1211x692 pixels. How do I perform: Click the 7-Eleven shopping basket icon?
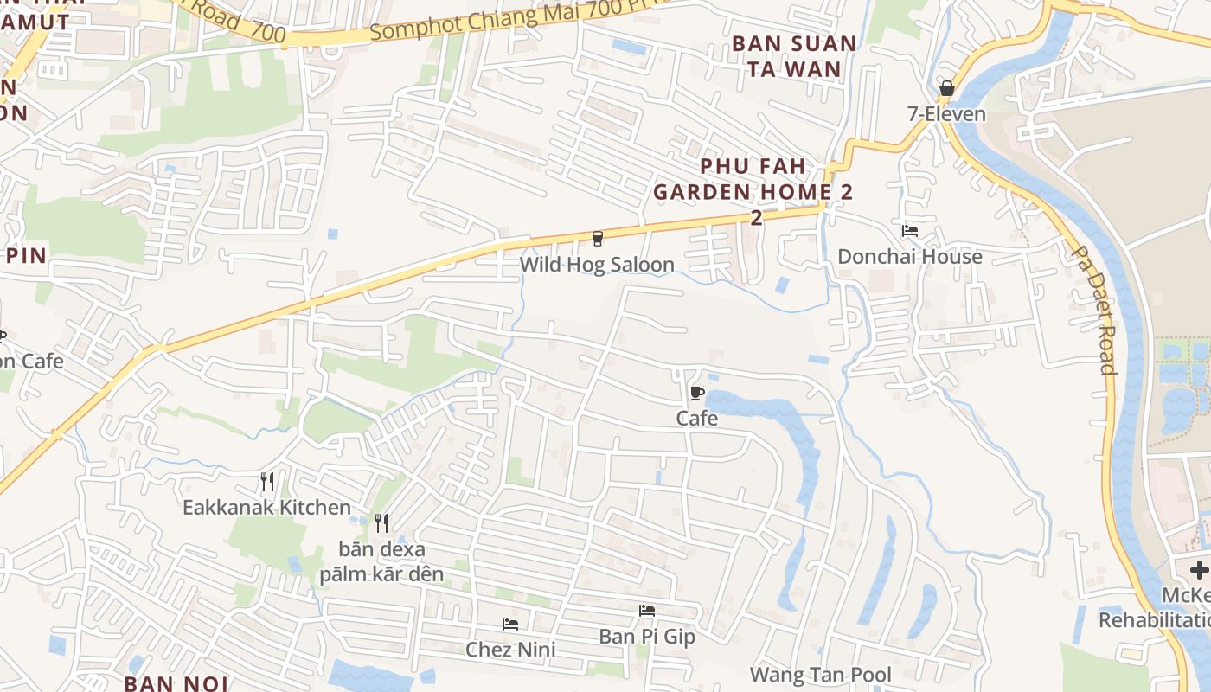[946, 88]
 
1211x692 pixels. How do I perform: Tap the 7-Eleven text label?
[945, 114]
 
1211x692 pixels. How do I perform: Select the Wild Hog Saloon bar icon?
[597, 239]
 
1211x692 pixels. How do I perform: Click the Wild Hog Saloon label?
[597, 265]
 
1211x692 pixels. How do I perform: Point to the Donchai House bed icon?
[910, 231]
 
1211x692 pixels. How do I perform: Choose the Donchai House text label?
[910, 257]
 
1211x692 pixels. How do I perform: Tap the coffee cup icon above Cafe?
[696, 394]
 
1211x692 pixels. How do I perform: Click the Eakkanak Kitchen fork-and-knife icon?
[267, 482]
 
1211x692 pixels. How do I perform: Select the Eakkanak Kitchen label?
[266, 508]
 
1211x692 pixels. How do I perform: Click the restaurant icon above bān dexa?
[381, 523]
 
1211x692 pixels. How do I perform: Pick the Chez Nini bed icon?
[510, 625]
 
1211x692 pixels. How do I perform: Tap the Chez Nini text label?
[510, 650]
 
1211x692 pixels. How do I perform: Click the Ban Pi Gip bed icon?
[647, 611]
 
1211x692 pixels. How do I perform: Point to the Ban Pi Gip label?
[647, 637]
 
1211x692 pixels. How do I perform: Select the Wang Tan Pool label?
[821, 675]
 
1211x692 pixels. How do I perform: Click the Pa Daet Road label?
[1093, 310]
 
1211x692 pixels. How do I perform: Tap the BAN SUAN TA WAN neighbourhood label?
[794, 56]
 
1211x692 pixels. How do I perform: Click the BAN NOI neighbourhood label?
[176, 683]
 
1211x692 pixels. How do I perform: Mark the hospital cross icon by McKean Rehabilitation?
[1199, 570]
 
